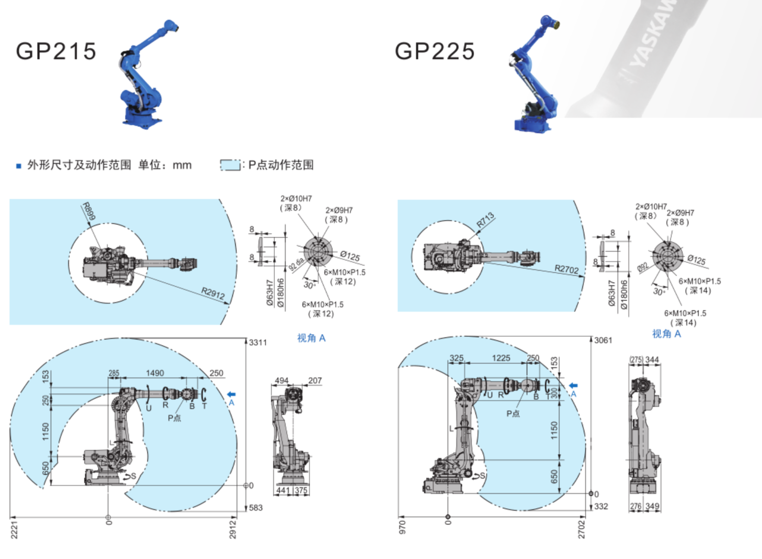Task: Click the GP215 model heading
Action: pos(56,51)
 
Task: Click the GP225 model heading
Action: pos(435,51)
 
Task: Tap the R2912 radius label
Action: pos(213,293)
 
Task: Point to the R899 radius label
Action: pos(88,211)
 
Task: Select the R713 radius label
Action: pos(485,220)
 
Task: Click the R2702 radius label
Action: pos(566,269)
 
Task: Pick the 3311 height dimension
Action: pos(258,342)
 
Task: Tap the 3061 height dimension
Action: pos(603,340)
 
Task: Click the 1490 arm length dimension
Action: pos(155,373)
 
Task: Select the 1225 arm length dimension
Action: pos(501,358)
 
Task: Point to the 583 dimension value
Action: pos(256,508)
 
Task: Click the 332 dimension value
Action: pos(601,506)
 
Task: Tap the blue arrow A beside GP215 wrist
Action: pos(231,394)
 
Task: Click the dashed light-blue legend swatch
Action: pos(230,165)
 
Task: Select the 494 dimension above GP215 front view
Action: pos(281,380)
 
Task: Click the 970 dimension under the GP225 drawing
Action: pos(402,527)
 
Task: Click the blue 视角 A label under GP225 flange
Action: pos(666,334)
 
